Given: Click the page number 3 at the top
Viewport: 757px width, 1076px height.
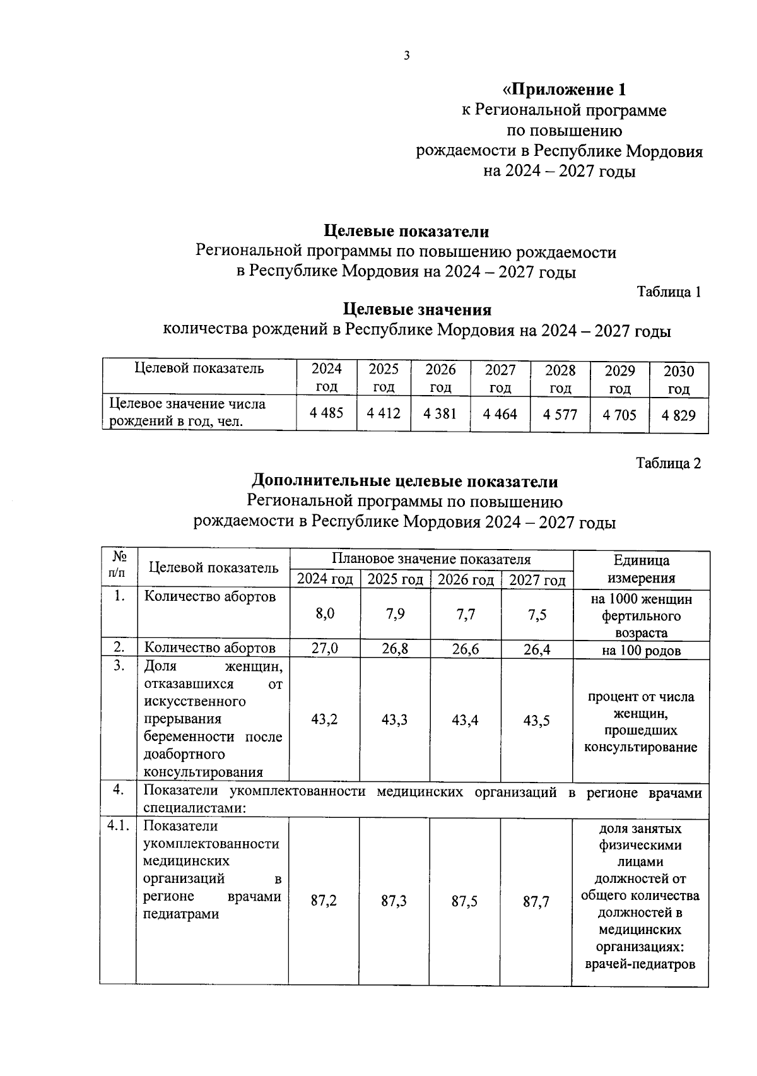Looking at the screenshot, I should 406,56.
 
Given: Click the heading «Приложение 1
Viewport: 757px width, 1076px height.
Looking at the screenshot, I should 563,89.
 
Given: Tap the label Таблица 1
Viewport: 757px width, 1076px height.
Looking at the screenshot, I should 669,292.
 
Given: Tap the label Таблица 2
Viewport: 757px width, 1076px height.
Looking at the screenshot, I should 669,463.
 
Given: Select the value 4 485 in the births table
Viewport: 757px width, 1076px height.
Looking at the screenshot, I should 326,413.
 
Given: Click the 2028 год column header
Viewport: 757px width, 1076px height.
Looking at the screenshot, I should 560,379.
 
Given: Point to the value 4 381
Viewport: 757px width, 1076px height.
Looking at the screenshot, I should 440,414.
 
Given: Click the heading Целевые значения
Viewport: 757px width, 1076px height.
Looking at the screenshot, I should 416,310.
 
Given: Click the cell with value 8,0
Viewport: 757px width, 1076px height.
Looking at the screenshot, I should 325,614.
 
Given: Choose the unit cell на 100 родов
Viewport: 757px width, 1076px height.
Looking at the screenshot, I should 641,651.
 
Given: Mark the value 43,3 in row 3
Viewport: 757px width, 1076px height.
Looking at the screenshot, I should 394,720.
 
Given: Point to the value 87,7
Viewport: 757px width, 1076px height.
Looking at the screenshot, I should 536,902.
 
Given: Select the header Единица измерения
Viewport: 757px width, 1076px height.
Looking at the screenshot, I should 641,569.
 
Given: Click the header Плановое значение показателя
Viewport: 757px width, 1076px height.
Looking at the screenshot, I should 431,559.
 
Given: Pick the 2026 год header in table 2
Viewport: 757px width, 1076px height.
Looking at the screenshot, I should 465,579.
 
